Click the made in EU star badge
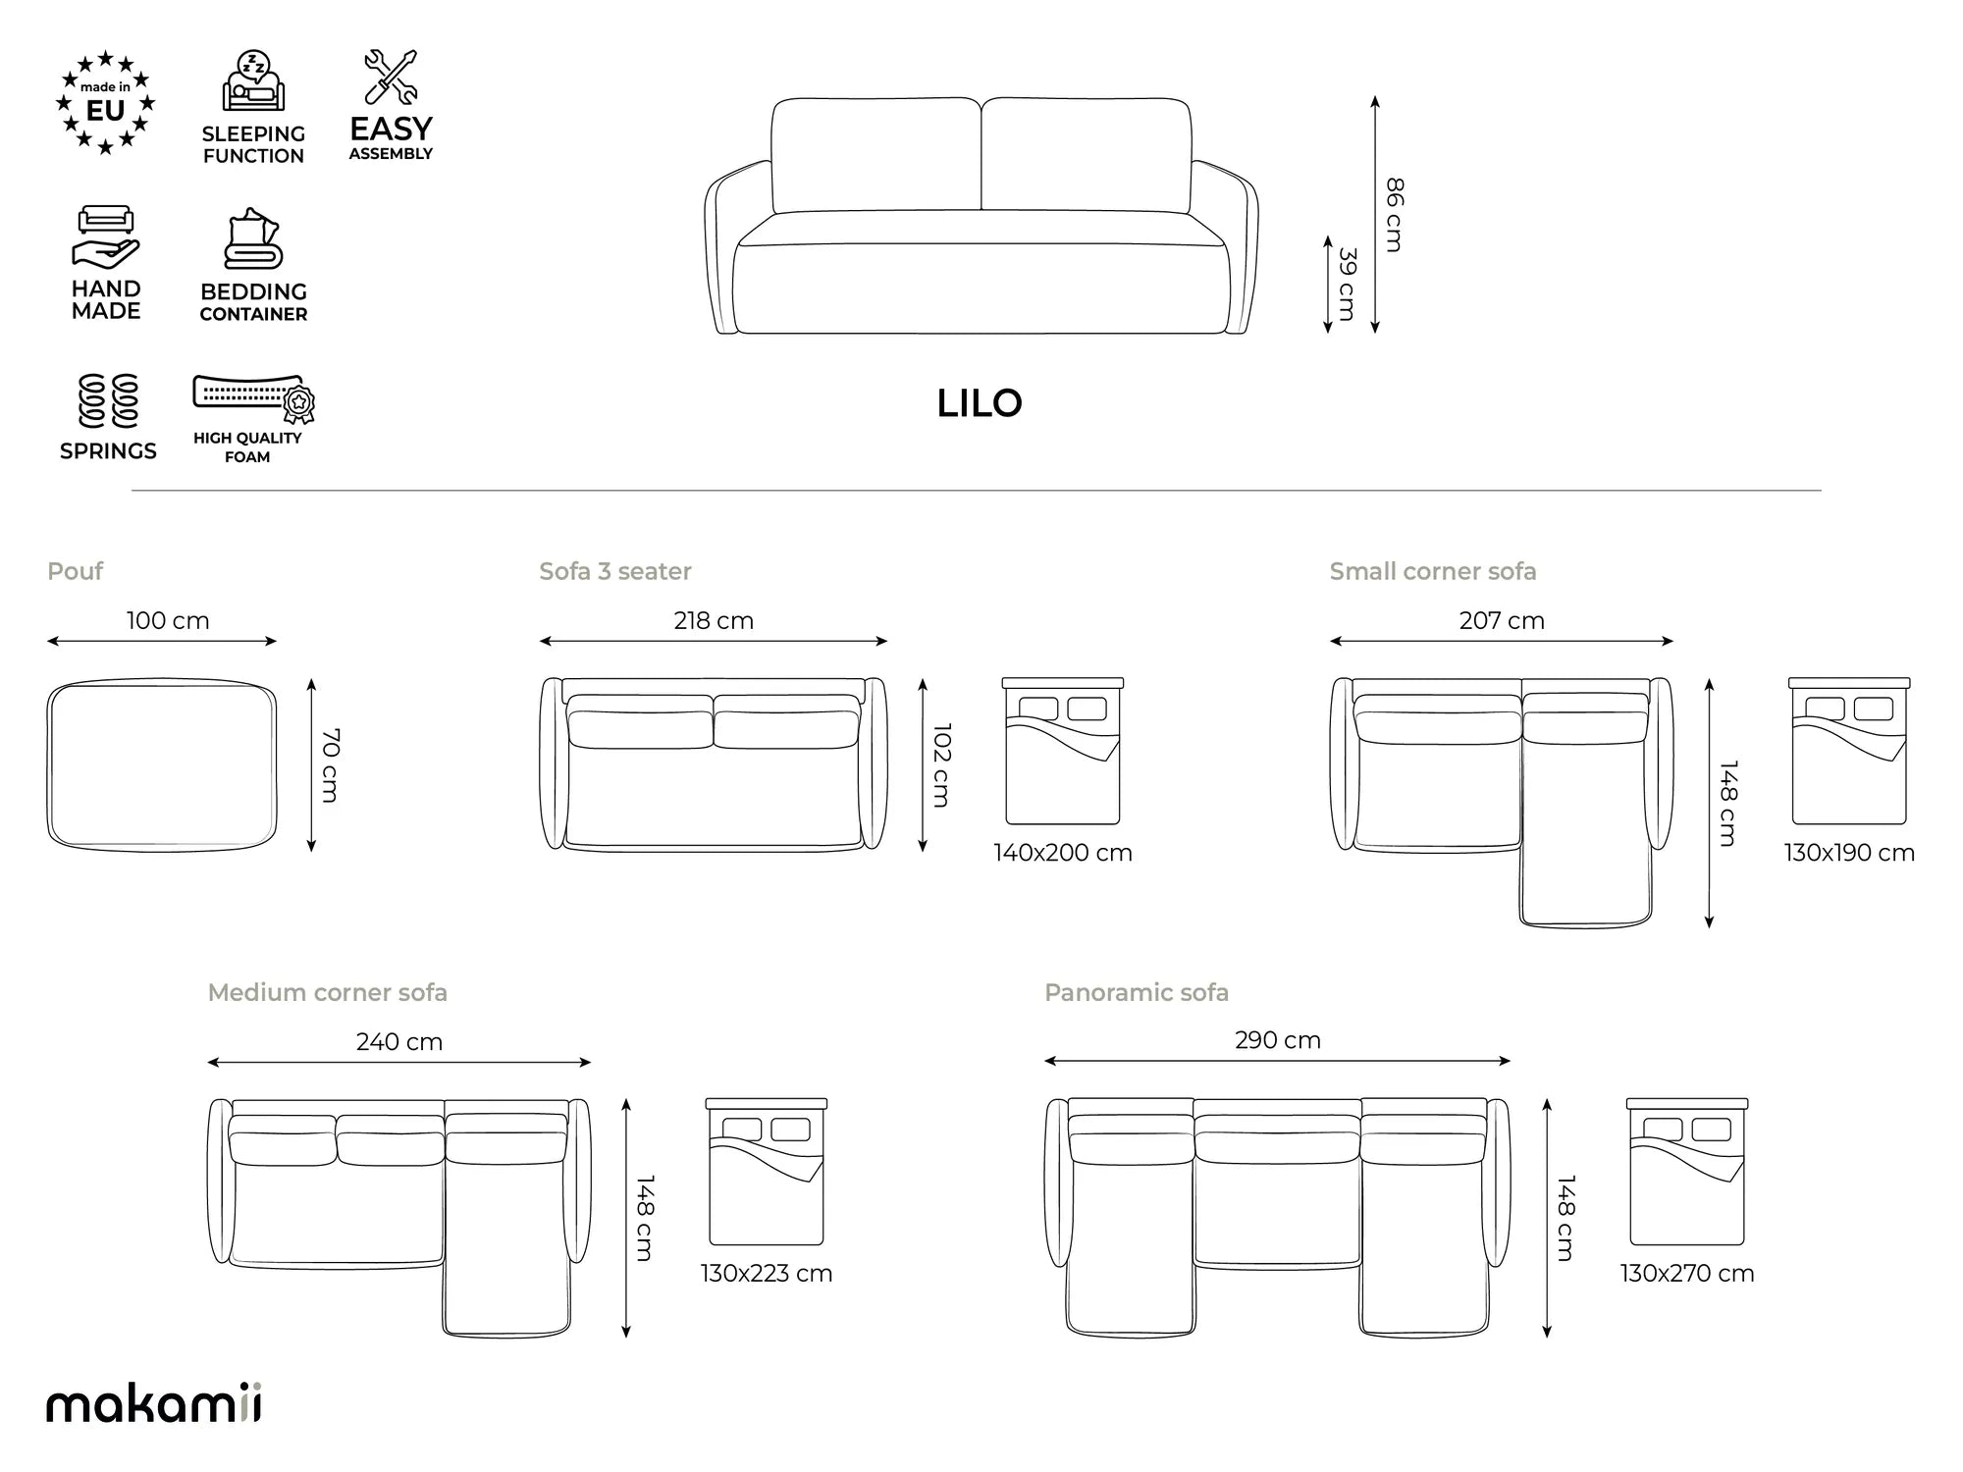[105, 103]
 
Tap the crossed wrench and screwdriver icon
[391, 77]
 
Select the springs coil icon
[108, 401]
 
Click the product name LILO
[980, 403]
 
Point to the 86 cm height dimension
[1394, 215]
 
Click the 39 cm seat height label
[1348, 285]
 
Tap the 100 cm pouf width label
[168, 621]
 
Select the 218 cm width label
[714, 621]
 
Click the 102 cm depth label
[941, 765]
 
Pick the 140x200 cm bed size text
[1063, 853]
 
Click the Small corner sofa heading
[1433, 571]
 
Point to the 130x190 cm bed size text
[1849, 853]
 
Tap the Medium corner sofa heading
[328, 992]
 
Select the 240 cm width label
[399, 1042]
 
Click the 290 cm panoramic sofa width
[1278, 1040]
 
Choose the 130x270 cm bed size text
[1687, 1274]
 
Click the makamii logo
[154, 1402]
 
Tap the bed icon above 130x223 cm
[767, 1172]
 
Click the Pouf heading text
[75, 571]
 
